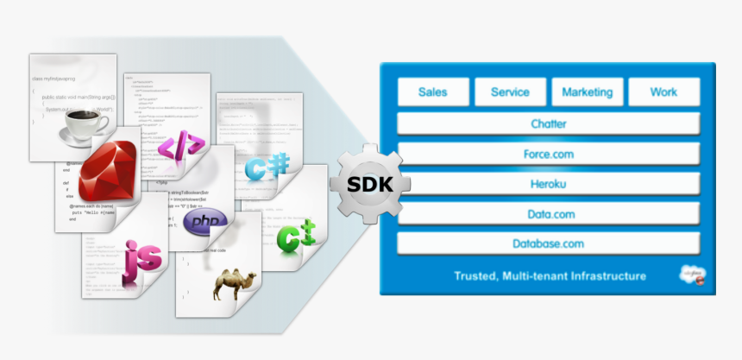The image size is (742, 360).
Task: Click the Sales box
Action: [x=434, y=92]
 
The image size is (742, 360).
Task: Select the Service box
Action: [x=510, y=92]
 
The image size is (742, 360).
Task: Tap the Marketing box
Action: [x=587, y=92]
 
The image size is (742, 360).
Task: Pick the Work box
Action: [x=663, y=92]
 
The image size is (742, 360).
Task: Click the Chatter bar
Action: [x=548, y=123]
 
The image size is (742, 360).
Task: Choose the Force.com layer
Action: [x=548, y=154]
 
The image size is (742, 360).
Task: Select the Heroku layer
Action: [x=548, y=184]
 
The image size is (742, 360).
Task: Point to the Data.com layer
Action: [x=548, y=214]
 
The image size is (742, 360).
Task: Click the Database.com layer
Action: [x=548, y=244]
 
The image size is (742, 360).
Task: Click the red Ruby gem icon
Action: [x=110, y=169]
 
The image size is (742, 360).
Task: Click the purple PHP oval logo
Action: [x=205, y=222]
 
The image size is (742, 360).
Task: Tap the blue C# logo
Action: [x=266, y=166]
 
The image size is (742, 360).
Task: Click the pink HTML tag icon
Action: [x=181, y=144]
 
